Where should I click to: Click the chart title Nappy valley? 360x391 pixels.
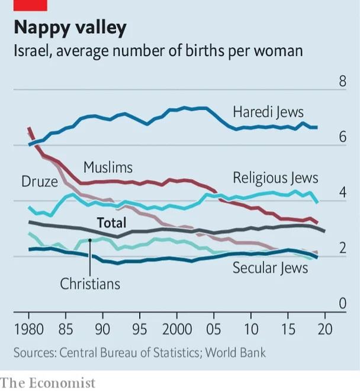point(70,28)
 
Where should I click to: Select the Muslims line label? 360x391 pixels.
point(108,167)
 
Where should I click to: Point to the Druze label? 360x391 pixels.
point(40,182)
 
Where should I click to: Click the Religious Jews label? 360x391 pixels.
point(275,177)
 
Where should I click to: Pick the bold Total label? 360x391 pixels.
point(112,223)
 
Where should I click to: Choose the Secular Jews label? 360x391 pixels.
point(270,268)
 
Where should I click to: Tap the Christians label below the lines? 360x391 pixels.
point(90,284)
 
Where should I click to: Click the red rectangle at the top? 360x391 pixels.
point(30,5)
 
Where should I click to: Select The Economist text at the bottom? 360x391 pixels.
point(48,383)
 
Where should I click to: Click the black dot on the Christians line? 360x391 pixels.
point(89,240)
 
